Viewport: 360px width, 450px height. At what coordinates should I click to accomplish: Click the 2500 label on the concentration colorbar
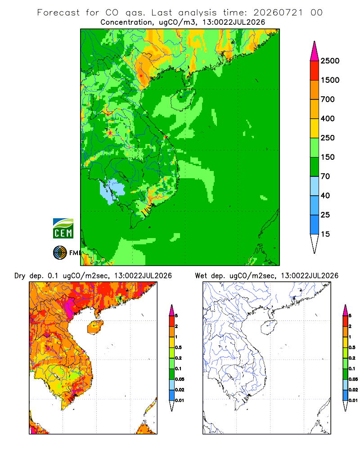click(330, 61)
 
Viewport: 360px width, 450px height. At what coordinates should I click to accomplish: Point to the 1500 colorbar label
click(330, 80)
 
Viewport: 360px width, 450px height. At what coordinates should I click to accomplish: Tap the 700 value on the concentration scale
click(328, 99)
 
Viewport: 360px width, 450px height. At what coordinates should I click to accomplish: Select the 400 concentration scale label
click(328, 118)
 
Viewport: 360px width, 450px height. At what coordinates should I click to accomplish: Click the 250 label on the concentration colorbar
click(328, 138)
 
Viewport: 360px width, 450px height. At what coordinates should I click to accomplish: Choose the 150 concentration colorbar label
click(328, 157)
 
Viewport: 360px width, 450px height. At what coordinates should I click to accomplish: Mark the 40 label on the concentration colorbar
click(325, 195)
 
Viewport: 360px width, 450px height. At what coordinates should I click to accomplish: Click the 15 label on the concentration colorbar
click(325, 234)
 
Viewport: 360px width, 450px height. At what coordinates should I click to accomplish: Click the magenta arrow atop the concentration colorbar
click(315, 51)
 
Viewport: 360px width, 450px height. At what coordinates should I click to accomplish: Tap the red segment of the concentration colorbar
click(315, 71)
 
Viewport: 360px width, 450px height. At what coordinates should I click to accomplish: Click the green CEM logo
click(63, 229)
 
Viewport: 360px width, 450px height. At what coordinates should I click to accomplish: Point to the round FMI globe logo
click(60, 253)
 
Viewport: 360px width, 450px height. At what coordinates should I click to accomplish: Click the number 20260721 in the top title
click(278, 13)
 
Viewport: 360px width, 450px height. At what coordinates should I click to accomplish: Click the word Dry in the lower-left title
click(20, 276)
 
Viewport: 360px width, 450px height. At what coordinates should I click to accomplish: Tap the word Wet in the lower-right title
click(201, 276)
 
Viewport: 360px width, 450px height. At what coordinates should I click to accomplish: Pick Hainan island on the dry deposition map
click(95, 327)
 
